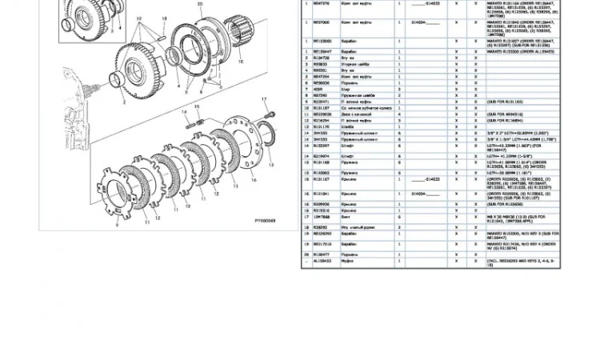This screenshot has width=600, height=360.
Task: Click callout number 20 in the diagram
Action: (199, 4)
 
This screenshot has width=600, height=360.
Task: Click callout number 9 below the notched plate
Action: (117, 226)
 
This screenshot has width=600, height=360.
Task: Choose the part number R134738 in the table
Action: (322, 58)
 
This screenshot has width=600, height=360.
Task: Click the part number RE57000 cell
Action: (321, 22)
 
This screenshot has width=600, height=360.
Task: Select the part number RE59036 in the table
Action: (322, 82)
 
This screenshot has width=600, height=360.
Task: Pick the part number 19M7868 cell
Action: (322, 217)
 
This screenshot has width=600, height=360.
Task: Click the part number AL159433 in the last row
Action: (322, 261)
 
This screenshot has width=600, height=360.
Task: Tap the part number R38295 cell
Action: (321, 227)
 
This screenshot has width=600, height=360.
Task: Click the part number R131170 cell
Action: (322, 126)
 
